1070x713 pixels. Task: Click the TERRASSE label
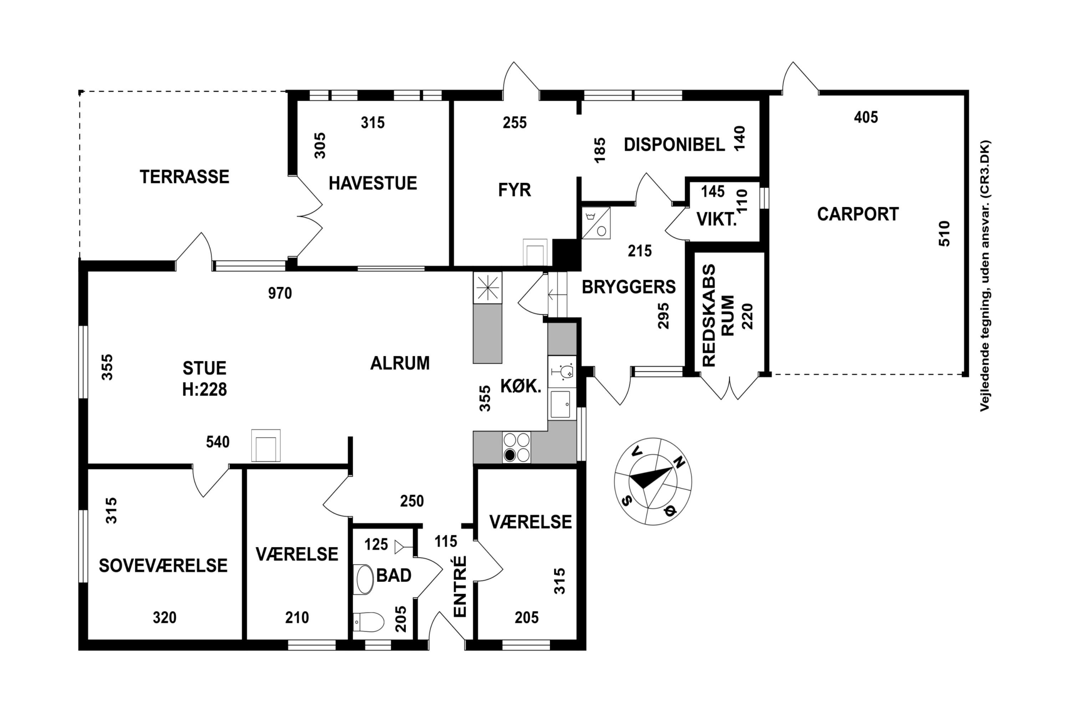point(184,177)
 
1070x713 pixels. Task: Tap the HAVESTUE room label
point(373,183)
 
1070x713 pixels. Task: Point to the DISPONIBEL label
point(674,145)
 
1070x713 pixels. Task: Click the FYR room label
point(515,190)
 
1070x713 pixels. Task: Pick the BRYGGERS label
point(629,287)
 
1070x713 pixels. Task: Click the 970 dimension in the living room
point(280,293)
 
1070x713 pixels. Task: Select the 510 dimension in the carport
point(944,234)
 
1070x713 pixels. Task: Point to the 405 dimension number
point(866,117)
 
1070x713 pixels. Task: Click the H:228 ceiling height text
point(204,390)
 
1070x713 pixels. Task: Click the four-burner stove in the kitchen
point(517,447)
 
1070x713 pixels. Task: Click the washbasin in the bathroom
point(364,579)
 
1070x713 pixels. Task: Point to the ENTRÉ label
point(460,586)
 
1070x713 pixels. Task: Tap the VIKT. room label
point(717,220)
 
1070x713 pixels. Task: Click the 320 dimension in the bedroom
point(164,617)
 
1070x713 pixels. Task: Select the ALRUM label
point(400,363)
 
